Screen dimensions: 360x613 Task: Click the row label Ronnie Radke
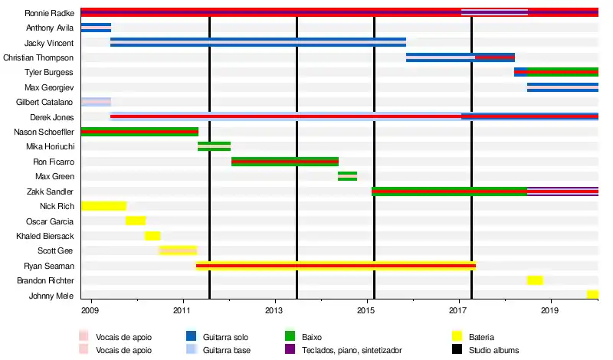click(x=49, y=13)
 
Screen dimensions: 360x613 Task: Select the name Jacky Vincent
click(x=49, y=43)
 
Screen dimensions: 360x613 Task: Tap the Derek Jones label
click(x=51, y=117)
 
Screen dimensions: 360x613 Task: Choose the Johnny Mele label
click(x=51, y=296)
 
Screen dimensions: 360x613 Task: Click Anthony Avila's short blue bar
click(x=96, y=28)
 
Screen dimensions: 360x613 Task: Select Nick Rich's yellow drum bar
click(x=103, y=206)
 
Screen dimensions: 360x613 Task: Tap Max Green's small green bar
click(x=347, y=176)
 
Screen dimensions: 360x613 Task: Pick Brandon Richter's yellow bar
click(x=535, y=280)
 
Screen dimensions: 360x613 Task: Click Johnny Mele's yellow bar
click(x=592, y=295)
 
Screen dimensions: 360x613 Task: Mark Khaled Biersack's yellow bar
click(x=152, y=236)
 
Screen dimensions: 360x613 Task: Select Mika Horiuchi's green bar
click(x=214, y=146)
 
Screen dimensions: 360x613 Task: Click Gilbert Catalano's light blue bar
click(x=96, y=102)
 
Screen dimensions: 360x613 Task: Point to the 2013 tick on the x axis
click(x=274, y=310)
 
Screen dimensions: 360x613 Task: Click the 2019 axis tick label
click(x=549, y=310)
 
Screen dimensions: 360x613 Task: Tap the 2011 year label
click(x=182, y=310)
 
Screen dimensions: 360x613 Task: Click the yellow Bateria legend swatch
click(x=457, y=337)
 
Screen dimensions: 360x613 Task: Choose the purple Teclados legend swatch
click(x=290, y=350)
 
